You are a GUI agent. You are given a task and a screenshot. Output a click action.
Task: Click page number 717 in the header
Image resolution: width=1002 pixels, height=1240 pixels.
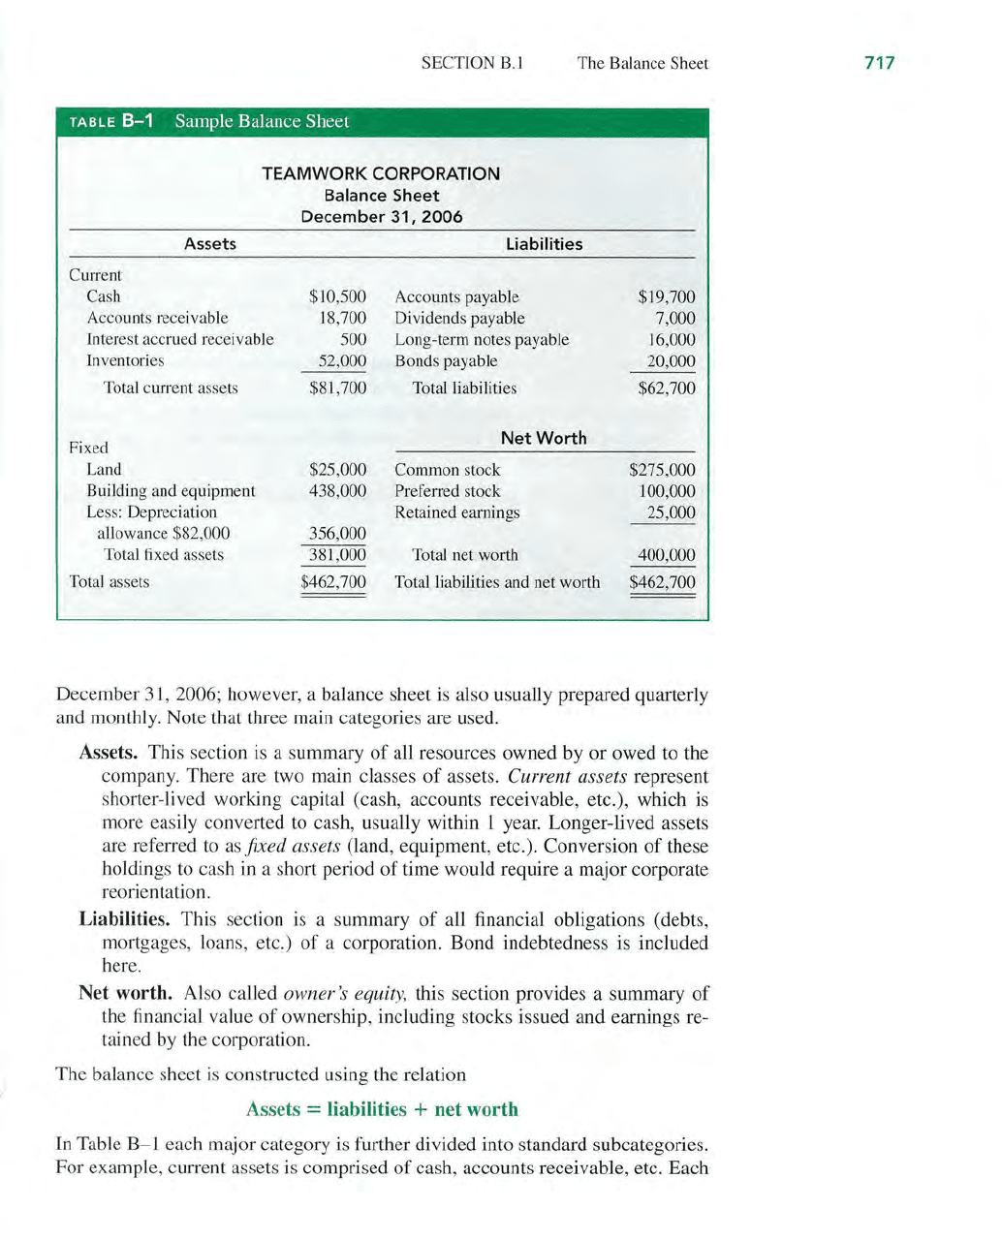(879, 63)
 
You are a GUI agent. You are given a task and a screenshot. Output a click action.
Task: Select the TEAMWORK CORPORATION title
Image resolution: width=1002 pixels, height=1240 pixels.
(381, 173)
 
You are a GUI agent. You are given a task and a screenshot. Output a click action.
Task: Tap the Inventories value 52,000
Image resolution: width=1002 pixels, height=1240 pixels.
(343, 360)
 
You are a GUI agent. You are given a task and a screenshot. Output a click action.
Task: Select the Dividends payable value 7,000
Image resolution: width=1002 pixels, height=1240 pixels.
(675, 318)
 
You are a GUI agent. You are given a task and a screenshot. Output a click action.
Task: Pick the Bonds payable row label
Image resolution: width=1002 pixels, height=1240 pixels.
(446, 360)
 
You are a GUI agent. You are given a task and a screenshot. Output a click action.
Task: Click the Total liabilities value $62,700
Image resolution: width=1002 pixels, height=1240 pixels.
(667, 387)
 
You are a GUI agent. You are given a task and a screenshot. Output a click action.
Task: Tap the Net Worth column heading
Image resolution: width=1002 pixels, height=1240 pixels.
(544, 438)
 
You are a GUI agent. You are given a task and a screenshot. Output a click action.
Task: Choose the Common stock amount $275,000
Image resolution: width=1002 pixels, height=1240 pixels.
(663, 470)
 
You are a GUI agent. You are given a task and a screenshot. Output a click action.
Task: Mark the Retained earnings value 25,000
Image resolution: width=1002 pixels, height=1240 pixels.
(671, 512)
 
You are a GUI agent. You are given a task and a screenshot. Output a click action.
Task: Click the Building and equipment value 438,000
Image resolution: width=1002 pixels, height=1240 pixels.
(337, 491)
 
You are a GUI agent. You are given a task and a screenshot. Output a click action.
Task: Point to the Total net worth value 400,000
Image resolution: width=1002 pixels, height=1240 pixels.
(667, 555)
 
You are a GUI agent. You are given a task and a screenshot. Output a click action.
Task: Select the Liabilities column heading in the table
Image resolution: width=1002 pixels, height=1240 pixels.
(544, 244)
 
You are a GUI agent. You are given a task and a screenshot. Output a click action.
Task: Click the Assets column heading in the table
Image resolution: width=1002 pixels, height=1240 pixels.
(210, 244)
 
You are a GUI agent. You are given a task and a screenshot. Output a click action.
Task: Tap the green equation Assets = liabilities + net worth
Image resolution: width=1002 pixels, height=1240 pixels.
(382, 1109)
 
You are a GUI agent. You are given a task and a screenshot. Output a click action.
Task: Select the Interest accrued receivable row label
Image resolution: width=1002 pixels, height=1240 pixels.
(180, 339)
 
